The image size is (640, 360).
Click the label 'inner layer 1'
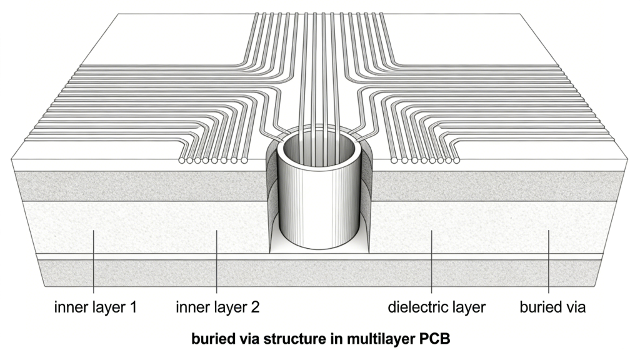pyautogui.click(x=96, y=307)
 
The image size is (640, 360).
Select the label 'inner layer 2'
pyautogui.click(x=217, y=307)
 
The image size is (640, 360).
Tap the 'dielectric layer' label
pyautogui.click(x=436, y=307)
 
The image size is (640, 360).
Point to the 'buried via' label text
pyautogui.click(x=552, y=307)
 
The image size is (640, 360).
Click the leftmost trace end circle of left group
pyautogui.click(x=182, y=161)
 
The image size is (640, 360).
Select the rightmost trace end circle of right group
pyautogui.click(x=456, y=161)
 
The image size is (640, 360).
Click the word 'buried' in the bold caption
pyautogui.click(x=211, y=341)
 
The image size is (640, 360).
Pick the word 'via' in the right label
pyautogui.click(x=575, y=307)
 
